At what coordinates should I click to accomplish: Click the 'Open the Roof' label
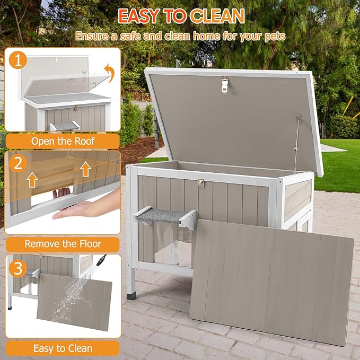(x=63, y=141)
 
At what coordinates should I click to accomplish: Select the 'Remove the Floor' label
(x=63, y=244)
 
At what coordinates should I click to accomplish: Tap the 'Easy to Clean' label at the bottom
(x=63, y=348)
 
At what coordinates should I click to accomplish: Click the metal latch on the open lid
(x=225, y=83)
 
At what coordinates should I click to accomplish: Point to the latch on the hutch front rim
(x=201, y=183)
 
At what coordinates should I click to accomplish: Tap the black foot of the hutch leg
(x=130, y=289)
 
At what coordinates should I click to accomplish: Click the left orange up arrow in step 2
(x=32, y=180)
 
